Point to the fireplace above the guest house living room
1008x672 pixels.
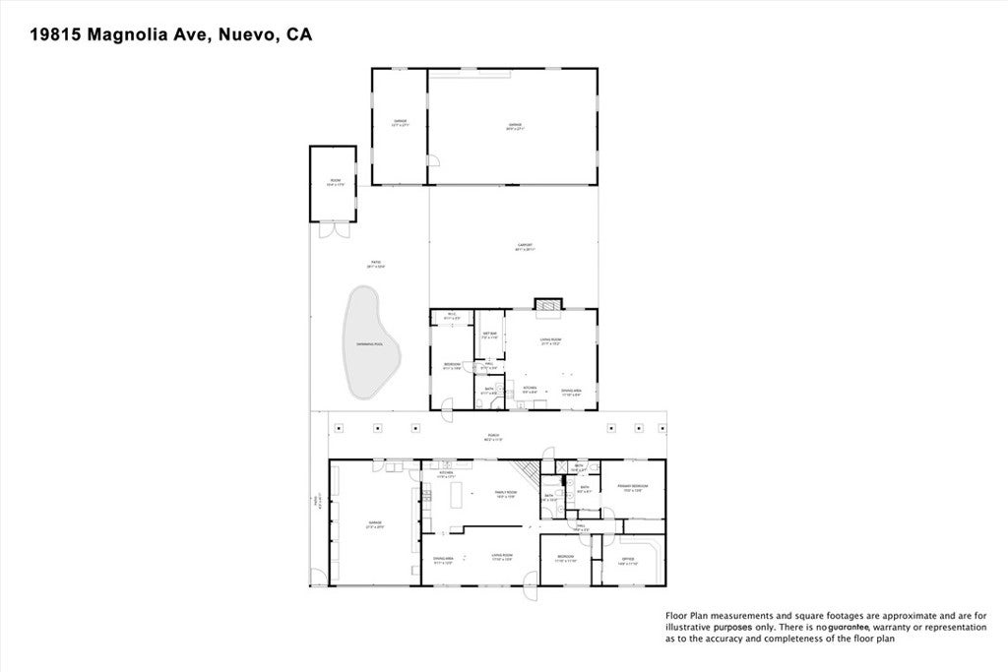pyautogui.click(x=546, y=304)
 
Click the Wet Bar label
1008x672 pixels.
pyautogui.click(x=488, y=335)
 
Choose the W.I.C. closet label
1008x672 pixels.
pyautogui.click(x=451, y=317)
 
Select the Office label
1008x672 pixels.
pyautogui.click(x=628, y=561)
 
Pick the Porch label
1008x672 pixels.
pyautogui.click(x=492, y=437)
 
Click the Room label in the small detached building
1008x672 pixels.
pyautogui.click(x=335, y=182)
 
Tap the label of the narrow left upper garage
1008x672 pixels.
pyautogui.click(x=400, y=124)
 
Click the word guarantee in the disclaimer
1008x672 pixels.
pyautogui.click(x=848, y=627)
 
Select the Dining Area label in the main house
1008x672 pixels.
pyautogui.click(x=443, y=561)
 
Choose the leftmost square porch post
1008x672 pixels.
pyautogui.click(x=338, y=428)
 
